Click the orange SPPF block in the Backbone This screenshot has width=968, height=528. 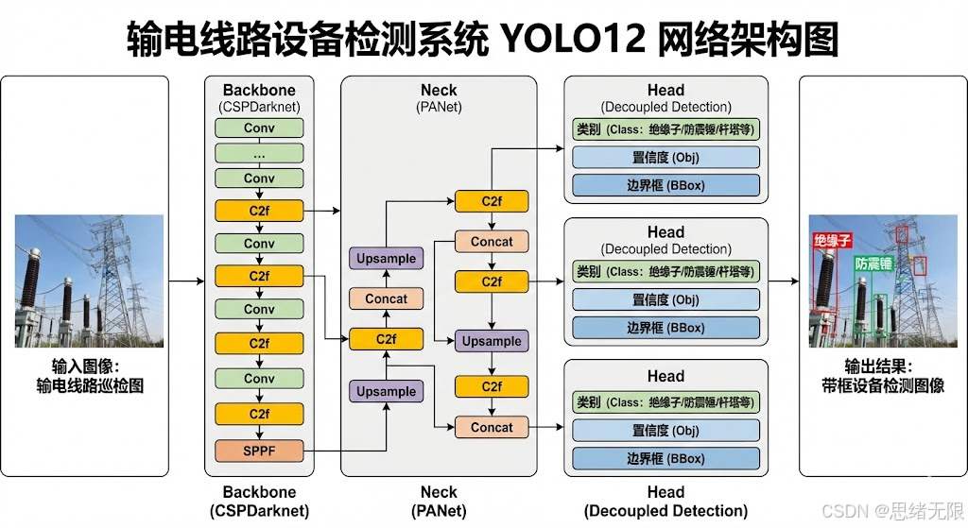(x=259, y=451)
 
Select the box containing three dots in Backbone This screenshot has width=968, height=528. (x=259, y=153)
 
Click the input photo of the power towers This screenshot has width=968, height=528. (x=89, y=281)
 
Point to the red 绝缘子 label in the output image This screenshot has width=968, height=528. (x=833, y=242)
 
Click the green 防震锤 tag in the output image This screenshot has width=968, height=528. (x=873, y=264)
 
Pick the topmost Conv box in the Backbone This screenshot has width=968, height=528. (x=259, y=128)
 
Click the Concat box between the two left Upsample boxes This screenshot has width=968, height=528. (x=387, y=298)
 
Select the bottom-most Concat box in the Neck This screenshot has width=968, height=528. (x=492, y=427)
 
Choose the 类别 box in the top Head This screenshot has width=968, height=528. (x=665, y=128)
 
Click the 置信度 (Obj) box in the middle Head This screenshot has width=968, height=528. (x=665, y=300)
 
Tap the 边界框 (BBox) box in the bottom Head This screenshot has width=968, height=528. (x=665, y=459)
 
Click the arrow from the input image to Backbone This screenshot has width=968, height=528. (x=187, y=281)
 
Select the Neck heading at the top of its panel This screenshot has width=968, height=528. (x=439, y=91)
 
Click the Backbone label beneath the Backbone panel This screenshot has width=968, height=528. (x=259, y=492)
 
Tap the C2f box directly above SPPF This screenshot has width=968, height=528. (x=259, y=414)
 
